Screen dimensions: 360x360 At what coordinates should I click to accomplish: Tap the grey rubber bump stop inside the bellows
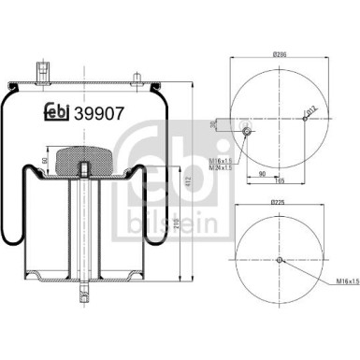pyautogui.click(x=83, y=161)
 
